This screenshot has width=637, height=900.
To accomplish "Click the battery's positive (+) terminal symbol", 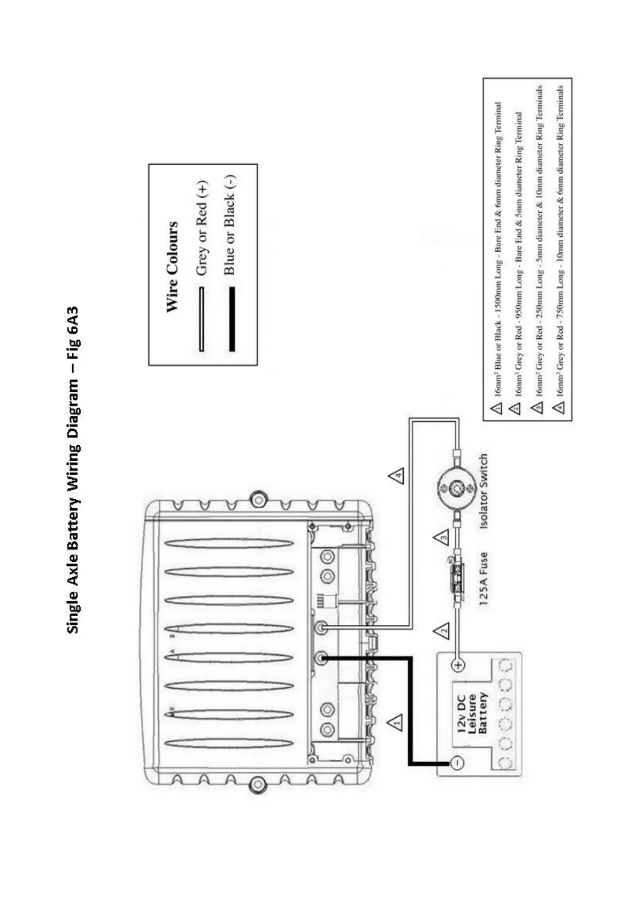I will click(458, 665).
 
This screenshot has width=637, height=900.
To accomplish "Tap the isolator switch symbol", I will click(457, 488).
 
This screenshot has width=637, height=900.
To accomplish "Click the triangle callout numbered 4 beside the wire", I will click(396, 475).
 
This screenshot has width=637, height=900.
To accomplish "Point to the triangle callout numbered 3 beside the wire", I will click(442, 537).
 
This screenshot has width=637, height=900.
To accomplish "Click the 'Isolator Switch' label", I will click(483, 491).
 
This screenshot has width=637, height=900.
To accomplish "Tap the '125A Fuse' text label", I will click(483, 579).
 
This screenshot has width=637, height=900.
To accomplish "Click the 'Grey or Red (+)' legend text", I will click(202, 228).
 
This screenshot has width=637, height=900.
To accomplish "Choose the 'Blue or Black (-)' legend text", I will click(229, 224).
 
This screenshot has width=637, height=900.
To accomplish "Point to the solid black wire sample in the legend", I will click(232, 319).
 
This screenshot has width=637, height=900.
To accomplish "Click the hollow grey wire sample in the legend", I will click(202, 319).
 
